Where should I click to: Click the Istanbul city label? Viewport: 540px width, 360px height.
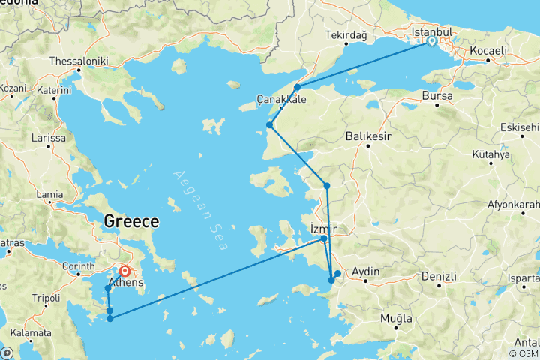coord(432,32)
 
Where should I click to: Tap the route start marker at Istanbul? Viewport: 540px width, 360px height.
coord(432,42)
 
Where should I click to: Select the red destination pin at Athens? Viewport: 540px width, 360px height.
coord(124,273)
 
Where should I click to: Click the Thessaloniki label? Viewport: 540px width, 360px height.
coord(79,61)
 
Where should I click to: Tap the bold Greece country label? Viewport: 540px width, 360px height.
coord(131,221)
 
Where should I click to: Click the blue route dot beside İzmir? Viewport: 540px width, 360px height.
coord(324,239)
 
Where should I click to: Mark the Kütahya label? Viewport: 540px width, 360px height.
coord(490,154)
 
